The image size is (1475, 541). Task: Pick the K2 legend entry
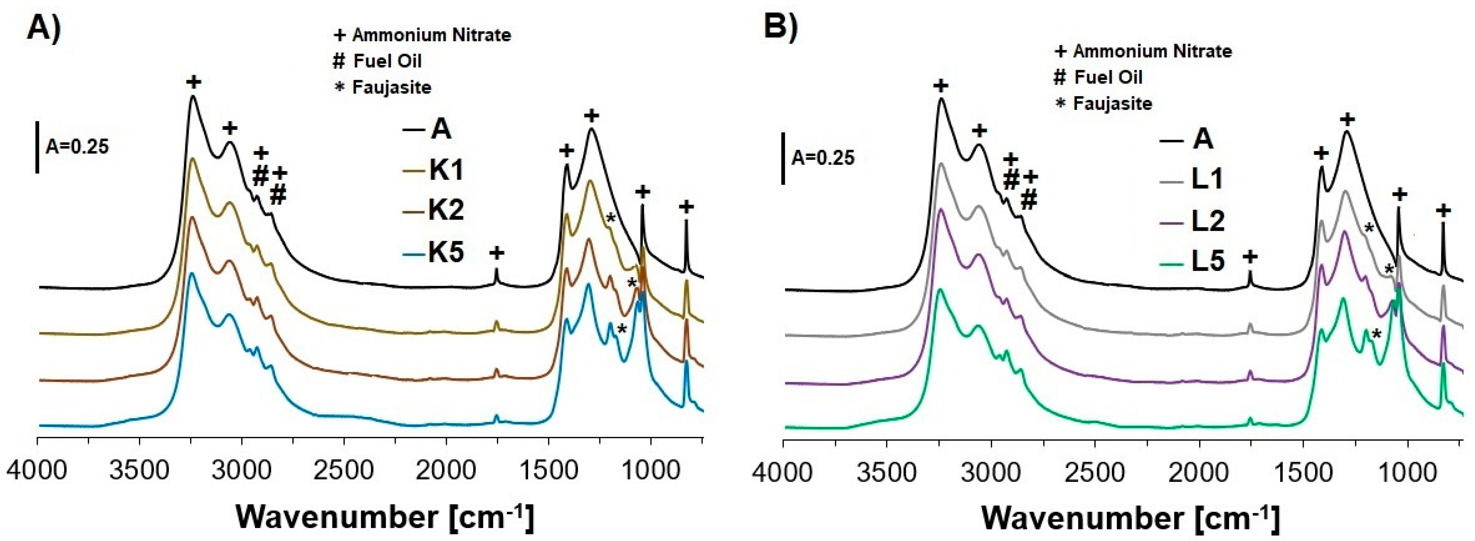(445, 211)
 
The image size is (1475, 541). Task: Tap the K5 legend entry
(445, 252)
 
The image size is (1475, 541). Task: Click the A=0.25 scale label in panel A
(77, 147)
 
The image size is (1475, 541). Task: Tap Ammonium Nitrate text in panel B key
(1152, 51)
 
